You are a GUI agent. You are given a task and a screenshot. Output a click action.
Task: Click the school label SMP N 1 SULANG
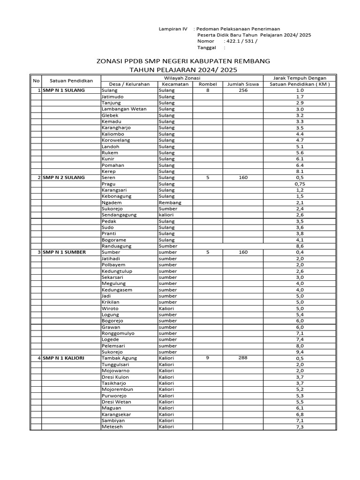coord(64,90)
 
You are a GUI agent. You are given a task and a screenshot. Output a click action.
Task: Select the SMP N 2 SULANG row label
coord(64,178)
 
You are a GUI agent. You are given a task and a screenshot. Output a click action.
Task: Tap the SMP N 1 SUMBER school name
coord(64,252)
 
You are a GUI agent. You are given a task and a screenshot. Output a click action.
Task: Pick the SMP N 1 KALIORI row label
coord(63,358)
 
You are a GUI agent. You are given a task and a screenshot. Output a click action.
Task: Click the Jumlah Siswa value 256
coord(243,90)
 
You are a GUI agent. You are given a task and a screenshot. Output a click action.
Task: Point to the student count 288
coord(243,358)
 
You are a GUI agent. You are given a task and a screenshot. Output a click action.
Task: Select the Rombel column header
coord(207,84)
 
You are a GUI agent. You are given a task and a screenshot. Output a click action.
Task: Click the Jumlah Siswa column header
coord(243,84)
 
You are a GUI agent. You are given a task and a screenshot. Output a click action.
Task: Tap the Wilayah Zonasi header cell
coord(182,78)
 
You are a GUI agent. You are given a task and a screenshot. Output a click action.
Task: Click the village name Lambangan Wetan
coord(124,109)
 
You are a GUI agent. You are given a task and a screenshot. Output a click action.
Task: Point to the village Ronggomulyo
coord(118,333)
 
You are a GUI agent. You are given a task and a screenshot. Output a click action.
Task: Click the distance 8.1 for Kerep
coord(300,172)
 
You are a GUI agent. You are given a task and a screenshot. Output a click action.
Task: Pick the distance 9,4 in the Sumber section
coord(300,352)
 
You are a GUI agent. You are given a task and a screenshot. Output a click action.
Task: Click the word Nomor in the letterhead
coord(206,41)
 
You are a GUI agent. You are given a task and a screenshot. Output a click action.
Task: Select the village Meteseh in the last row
coord(112,427)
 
